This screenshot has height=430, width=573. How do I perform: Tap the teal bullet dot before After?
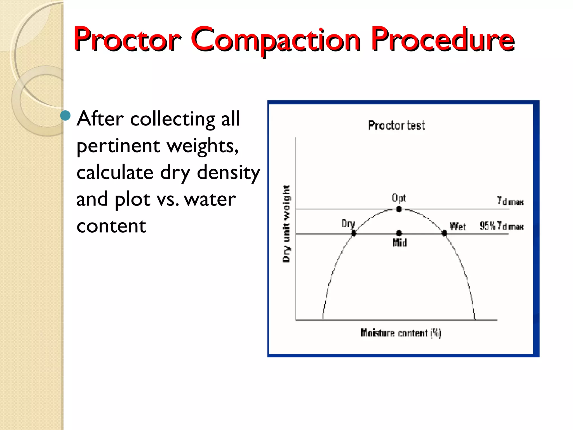65,115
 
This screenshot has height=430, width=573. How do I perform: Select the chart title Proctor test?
396,125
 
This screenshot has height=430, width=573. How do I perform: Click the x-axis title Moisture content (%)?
401,333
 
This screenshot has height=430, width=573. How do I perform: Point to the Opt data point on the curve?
399,209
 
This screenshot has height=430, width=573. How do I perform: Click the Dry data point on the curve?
354,233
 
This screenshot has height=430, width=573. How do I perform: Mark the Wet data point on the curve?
444,233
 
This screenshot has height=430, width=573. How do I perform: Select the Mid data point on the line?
399,233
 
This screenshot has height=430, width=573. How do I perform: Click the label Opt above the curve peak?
399,198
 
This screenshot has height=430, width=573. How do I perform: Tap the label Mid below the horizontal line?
400,243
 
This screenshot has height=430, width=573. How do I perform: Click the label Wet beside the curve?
458,226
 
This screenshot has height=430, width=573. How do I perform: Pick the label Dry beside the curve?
348,224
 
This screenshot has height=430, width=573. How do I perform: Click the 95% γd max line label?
501,226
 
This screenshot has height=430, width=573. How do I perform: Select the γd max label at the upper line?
510,201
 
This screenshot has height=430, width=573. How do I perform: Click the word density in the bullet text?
229,173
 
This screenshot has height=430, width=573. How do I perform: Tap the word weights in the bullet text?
203,146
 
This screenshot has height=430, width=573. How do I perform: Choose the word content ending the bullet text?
111,226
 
